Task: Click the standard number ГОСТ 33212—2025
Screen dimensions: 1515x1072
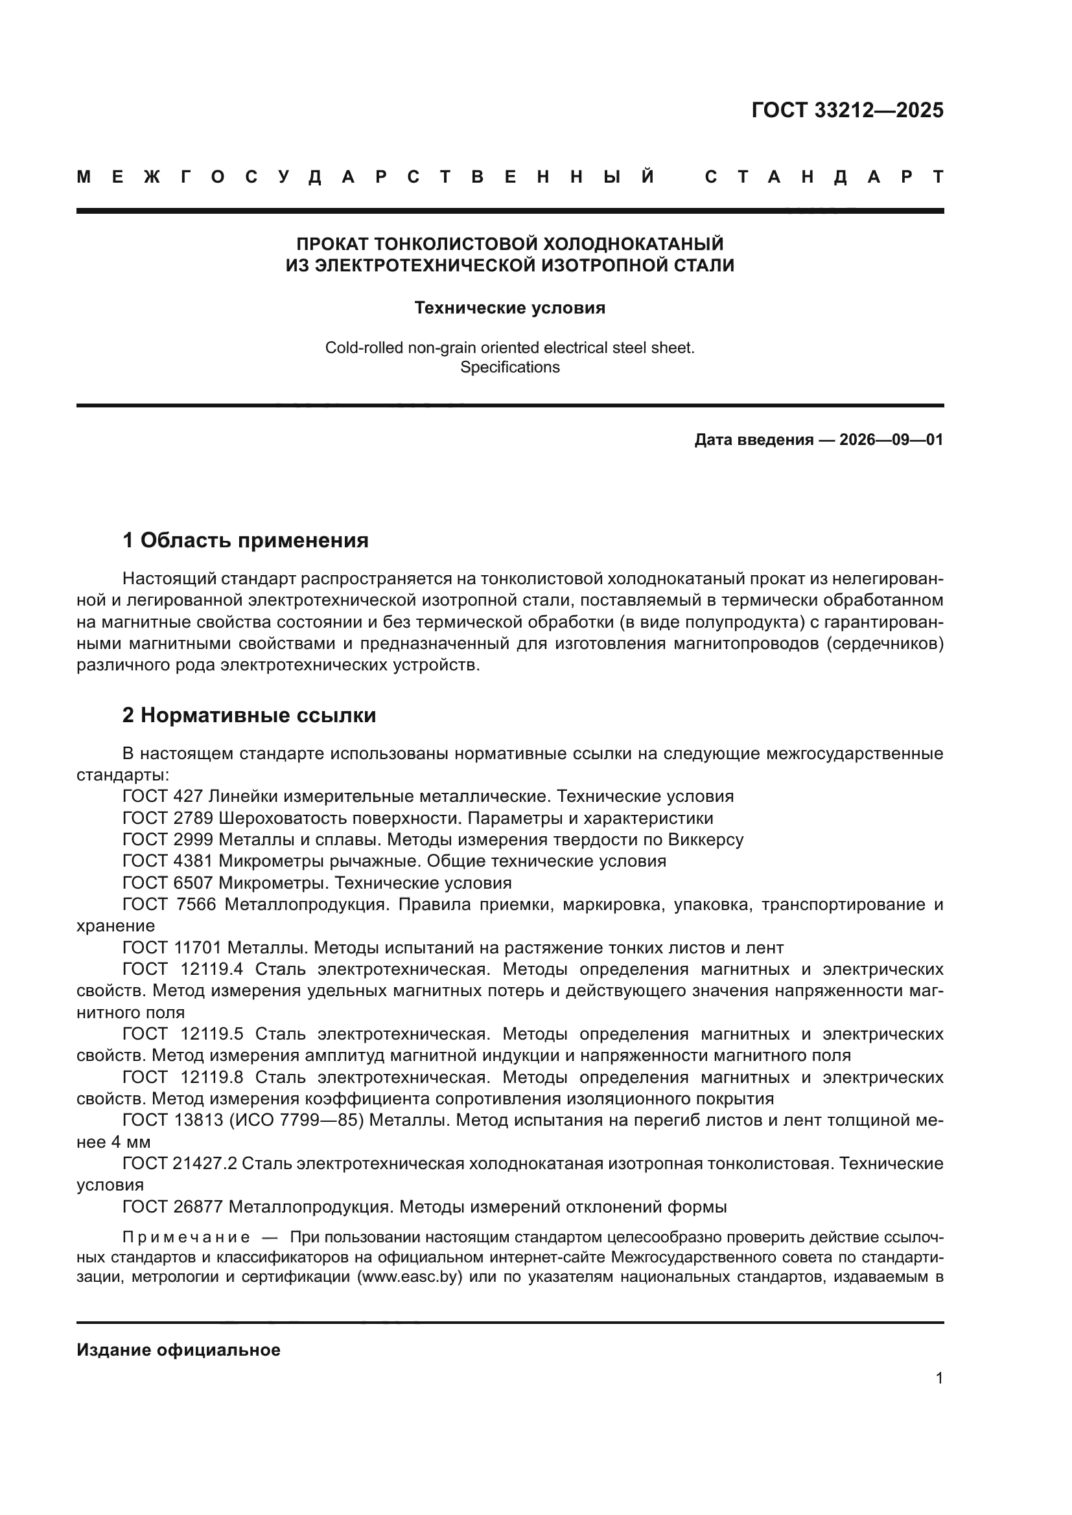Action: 847,110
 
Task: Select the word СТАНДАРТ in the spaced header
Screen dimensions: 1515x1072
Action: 824,177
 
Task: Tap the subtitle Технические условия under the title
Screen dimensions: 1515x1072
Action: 509,308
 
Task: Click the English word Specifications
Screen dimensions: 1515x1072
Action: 509,367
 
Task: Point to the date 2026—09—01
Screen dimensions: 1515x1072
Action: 891,440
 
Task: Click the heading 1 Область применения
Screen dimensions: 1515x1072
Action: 246,540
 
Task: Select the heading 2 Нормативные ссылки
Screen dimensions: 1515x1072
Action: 249,715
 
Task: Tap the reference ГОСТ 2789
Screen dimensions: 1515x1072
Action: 168,818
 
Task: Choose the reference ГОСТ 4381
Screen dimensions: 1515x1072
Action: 168,861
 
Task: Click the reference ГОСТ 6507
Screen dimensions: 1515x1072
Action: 168,883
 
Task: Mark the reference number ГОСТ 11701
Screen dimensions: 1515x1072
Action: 172,948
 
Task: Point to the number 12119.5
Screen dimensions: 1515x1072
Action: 211,1034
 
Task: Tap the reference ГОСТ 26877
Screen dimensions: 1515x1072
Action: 173,1207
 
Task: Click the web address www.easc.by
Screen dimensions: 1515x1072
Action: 409,1277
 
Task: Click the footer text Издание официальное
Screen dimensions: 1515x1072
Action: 178,1350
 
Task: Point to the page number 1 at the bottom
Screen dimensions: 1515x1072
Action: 939,1378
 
